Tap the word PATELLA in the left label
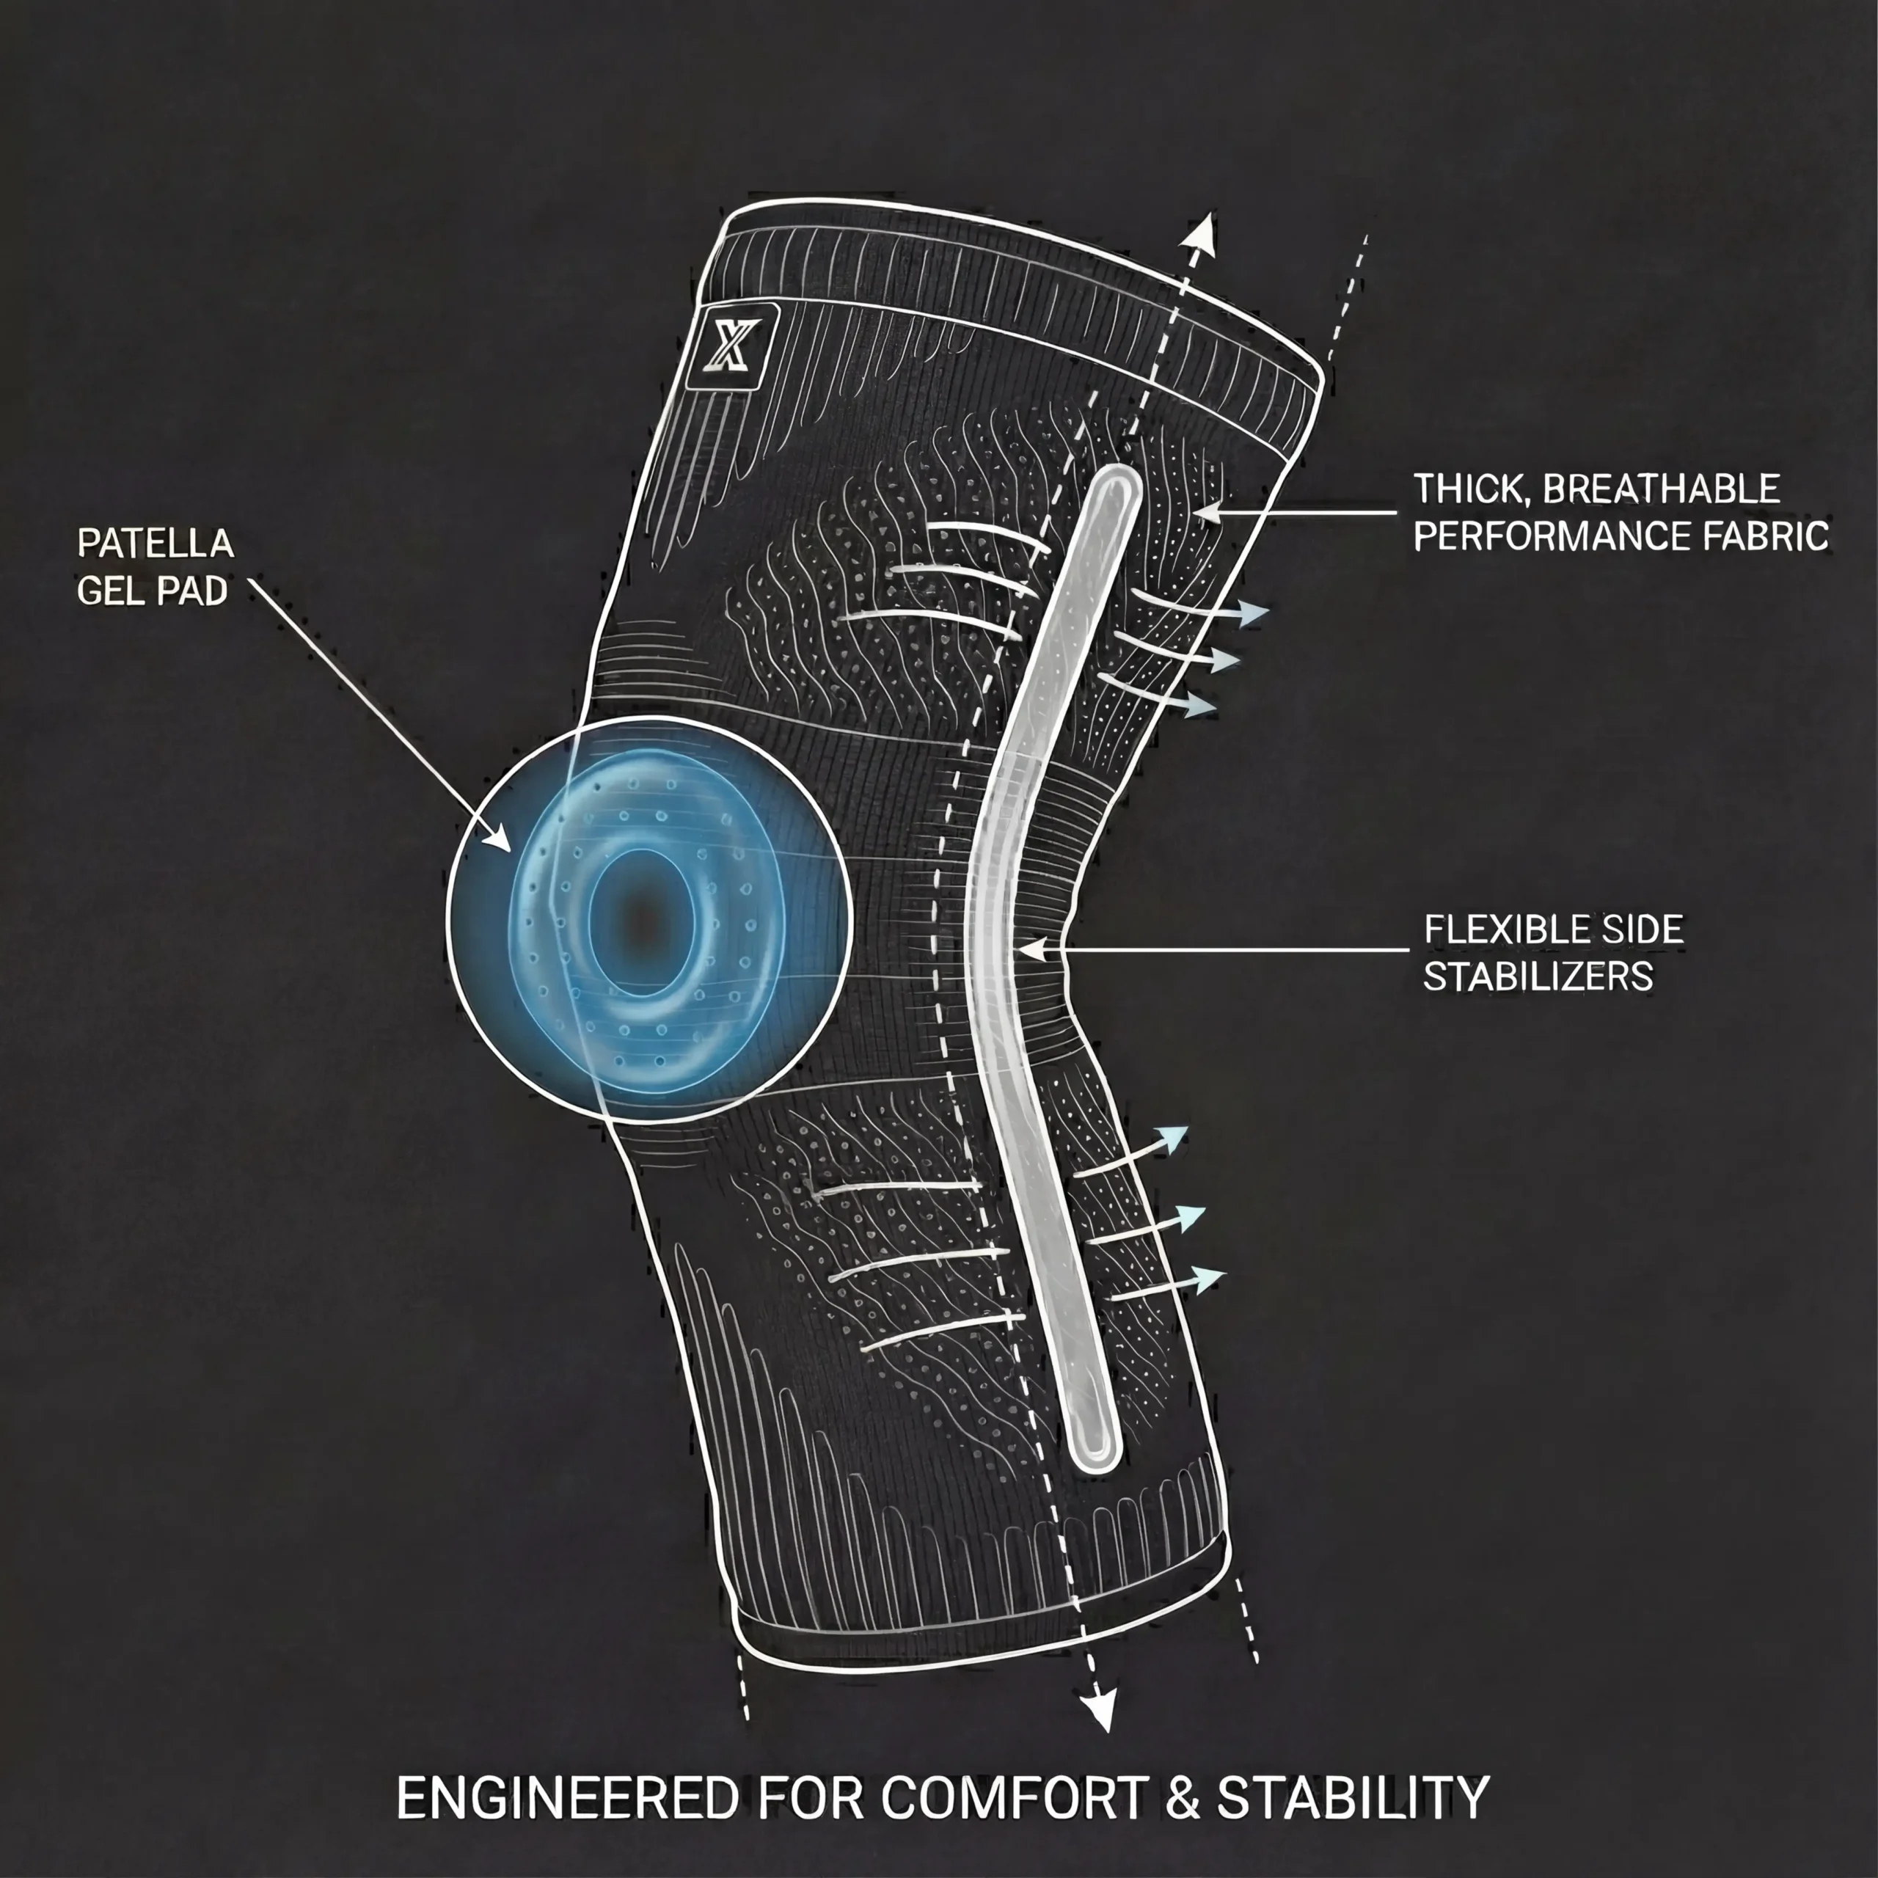coord(156,544)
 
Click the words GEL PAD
coord(152,591)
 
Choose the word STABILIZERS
coord(1538,976)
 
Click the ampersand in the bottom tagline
coord(1181,1800)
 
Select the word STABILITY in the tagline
coord(1353,1800)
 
